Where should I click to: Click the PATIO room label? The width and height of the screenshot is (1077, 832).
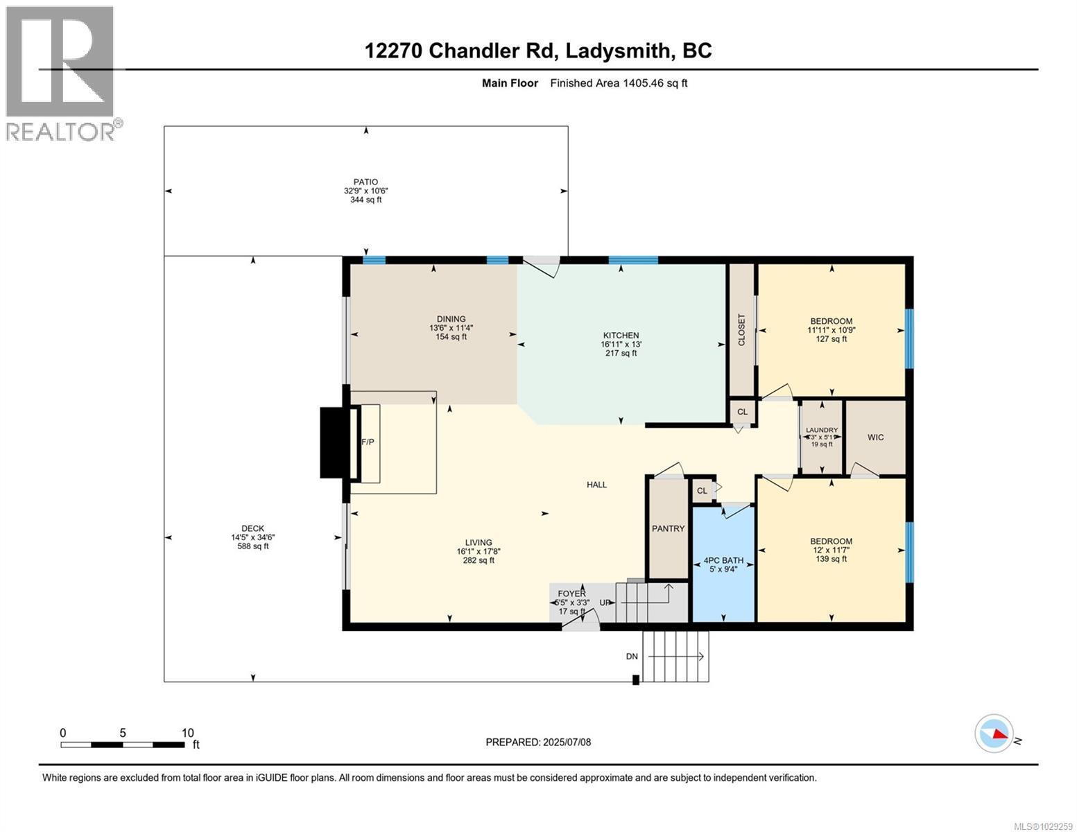coord(365,182)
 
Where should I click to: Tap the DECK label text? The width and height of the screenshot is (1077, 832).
coord(252,528)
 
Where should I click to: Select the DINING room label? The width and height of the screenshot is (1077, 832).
coord(451,319)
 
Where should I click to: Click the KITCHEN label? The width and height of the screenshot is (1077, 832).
coord(620,336)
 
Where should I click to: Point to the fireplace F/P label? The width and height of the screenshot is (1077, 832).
coord(368,442)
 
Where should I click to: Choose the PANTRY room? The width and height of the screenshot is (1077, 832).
coord(668,528)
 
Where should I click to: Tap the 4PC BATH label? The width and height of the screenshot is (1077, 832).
coord(723,560)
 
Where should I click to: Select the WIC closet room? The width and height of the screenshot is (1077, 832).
coord(875,437)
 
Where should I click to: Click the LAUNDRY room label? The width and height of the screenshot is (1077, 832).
coord(822,430)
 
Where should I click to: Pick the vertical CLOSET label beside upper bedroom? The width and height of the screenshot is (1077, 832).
coord(741,330)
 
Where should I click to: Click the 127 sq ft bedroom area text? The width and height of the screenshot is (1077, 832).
coord(831,339)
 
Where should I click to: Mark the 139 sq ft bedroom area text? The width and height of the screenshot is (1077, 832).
coord(831,559)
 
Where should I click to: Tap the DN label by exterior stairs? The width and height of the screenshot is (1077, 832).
coord(632,657)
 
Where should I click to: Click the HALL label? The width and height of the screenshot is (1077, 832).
coord(596,485)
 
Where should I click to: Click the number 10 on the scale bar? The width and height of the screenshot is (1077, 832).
coord(187,733)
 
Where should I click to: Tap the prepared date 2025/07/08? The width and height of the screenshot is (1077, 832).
coord(567,742)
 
